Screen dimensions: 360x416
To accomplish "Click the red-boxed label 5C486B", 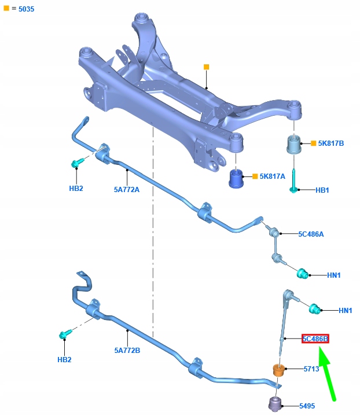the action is pos(315,339).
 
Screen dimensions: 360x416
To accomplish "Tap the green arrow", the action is pos(327,374).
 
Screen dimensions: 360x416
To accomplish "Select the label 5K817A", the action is pos(273,176).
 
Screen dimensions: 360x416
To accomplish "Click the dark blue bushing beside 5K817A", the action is pos(236,178).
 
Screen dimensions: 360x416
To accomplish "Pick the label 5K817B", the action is pos(331,143).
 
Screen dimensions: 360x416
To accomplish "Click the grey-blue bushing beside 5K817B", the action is pos(294,144).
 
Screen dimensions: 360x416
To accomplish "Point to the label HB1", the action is pos(322,190).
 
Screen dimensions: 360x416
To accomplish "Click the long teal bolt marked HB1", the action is pos(293,181).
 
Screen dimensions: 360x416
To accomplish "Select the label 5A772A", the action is pos(127,190).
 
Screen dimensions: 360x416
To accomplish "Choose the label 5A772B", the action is pos(127,351).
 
